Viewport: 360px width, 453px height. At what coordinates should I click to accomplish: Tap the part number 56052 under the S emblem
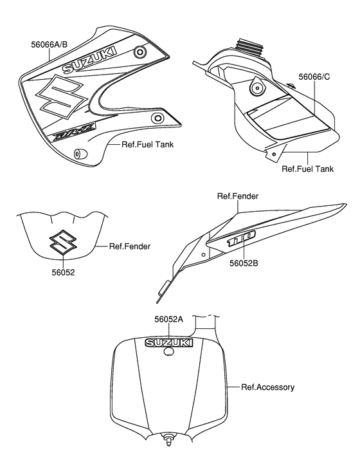pos(63,272)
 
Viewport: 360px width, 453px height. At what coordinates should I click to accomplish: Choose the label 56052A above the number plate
pos(169,319)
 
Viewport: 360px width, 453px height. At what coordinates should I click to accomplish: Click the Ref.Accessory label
pos(267,387)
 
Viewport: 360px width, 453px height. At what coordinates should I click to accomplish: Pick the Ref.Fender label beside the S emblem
pos(130,246)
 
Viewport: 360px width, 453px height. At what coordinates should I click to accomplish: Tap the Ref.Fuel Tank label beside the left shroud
pos(147,145)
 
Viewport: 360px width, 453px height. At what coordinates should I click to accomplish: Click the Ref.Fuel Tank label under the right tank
pos(308,170)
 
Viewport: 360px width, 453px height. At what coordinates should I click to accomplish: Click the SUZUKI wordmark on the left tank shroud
pos(90,60)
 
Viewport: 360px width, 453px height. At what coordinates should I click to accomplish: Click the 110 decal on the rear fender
pos(242,238)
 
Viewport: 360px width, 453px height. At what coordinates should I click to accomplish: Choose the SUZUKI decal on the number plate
pos(169,342)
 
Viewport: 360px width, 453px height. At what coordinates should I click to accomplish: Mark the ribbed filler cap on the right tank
pos(248,48)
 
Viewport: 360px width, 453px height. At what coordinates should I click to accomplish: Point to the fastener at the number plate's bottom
pos(170,442)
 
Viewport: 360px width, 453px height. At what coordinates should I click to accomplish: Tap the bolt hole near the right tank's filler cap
pos(256,86)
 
